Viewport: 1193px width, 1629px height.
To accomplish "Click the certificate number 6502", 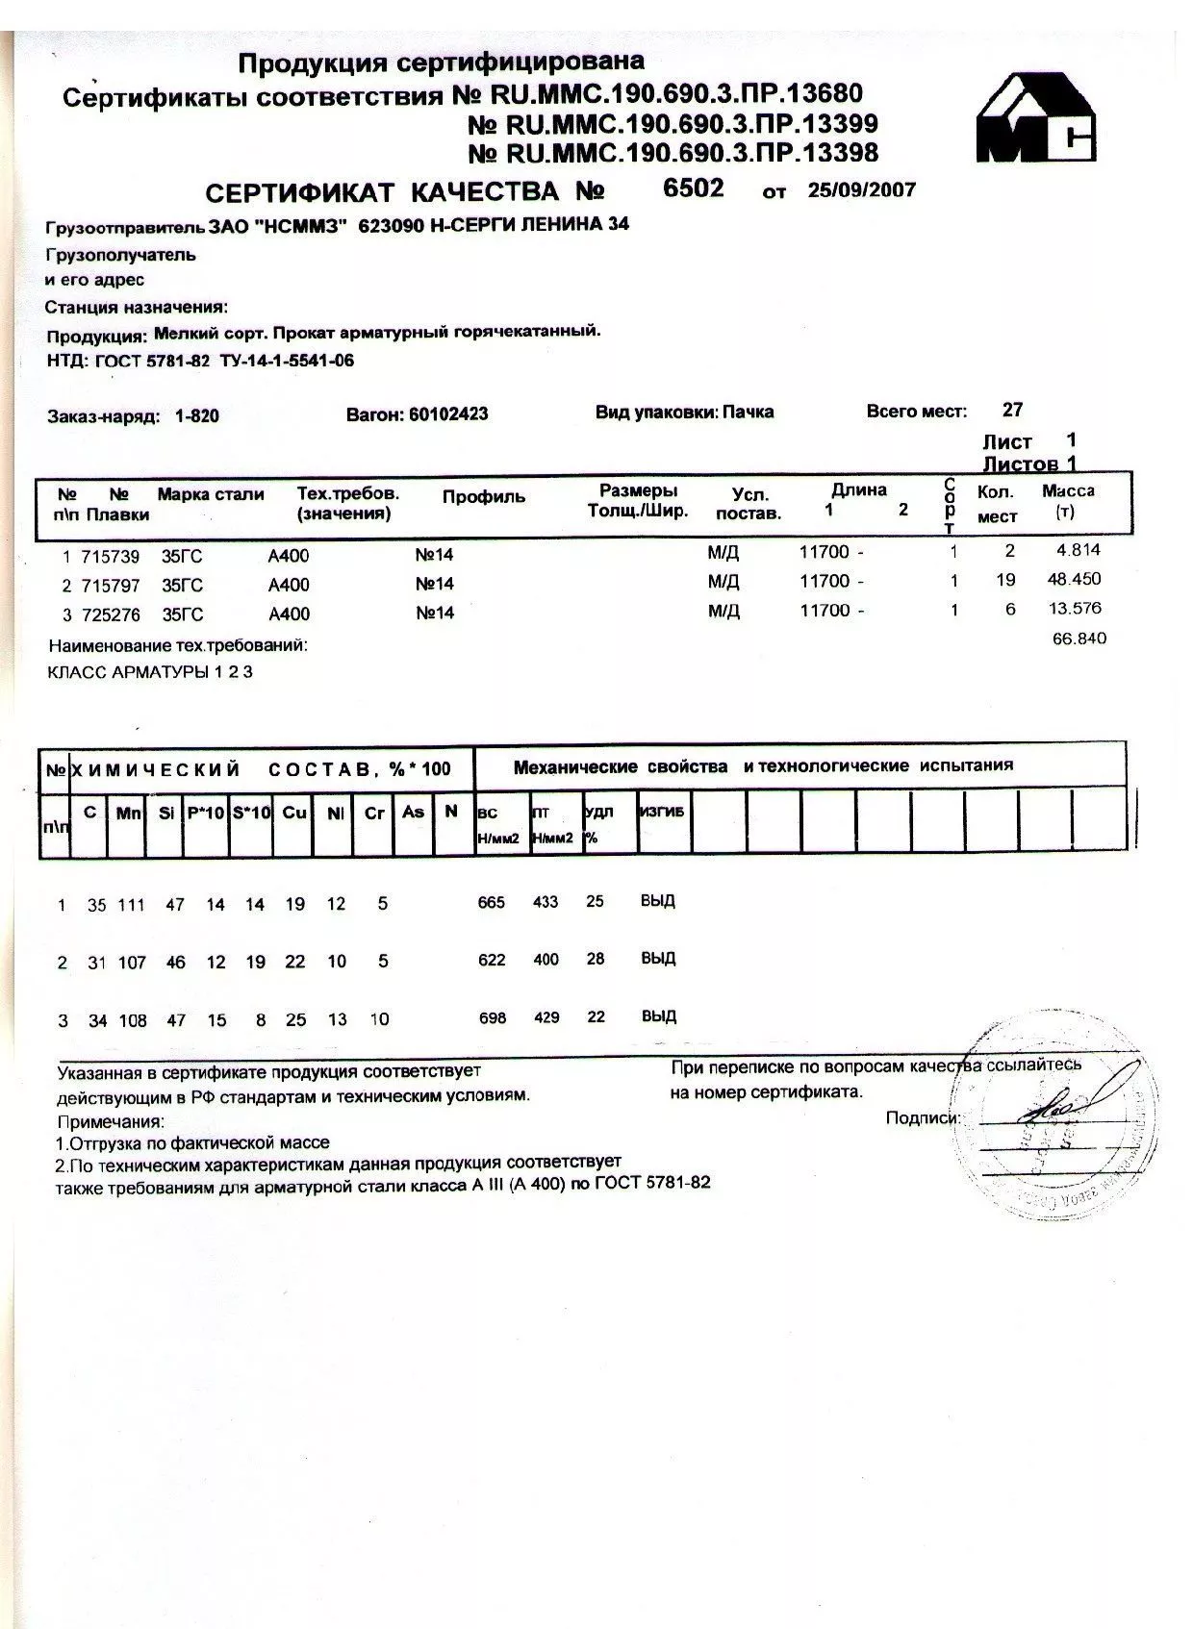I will pos(693,188).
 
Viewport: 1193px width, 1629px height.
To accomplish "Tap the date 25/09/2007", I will pos(861,189).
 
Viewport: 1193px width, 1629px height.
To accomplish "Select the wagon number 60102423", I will pos(448,414).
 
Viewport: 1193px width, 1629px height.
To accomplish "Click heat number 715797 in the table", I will pos(112,585).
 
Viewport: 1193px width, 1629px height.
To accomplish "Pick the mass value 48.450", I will pos(1074,579).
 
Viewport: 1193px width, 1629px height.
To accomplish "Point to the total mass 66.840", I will pos(1079,639).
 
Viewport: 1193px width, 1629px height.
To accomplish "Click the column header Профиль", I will pos(483,497).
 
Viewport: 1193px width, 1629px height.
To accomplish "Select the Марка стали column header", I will pos(211,494).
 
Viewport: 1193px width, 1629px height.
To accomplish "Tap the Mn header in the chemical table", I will pos(128,814).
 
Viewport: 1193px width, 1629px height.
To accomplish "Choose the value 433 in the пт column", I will pos(546,902).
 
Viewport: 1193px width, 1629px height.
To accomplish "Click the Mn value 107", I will pos(132,962).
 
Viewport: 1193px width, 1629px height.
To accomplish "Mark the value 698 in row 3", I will pos(492,1017).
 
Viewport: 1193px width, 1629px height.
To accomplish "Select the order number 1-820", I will pos(197,416).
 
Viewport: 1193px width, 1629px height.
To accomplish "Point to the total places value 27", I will pos(1012,410).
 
